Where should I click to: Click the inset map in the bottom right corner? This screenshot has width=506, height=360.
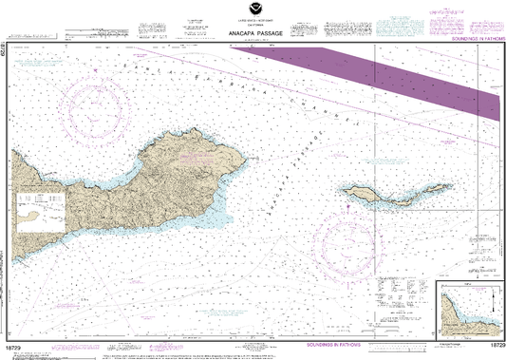pyautogui.click(x=466, y=308)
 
